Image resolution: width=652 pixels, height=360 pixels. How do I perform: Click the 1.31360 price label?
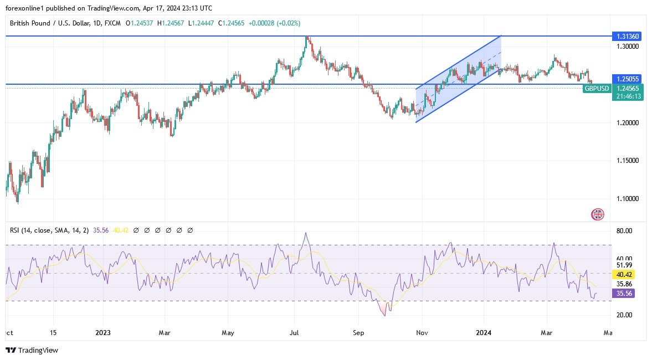pyautogui.click(x=628, y=37)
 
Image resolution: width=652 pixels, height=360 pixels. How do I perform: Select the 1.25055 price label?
pyautogui.click(x=628, y=79)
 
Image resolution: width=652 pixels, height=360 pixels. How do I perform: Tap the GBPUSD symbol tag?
pyautogui.click(x=596, y=89)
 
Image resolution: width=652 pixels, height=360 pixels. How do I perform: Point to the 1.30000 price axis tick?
pyautogui.click(x=627, y=47)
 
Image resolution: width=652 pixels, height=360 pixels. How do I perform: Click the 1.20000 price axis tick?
pyautogui.click(x=627, y=122)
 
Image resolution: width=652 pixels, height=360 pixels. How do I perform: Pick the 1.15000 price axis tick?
pyautogui.click(x=627, y=161)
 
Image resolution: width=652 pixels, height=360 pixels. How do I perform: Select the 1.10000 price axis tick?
pyautogui.click(x=627, y=198)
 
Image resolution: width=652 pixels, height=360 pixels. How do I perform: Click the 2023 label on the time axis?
pyautogui.click(x=103, y=333)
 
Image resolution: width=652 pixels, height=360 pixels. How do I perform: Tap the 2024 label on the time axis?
pyautogui.click(x=484, y=333)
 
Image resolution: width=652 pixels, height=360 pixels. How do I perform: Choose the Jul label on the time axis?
pyautogui.click(x=294, y=333)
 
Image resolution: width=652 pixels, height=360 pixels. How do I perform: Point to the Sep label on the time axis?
pyautogui.click(x=358, y=333)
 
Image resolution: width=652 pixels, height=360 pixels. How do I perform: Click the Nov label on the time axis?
pyautogui.click(x=422, y=333)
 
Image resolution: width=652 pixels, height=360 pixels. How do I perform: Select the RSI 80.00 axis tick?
pyautogui.click(x=624, y=230)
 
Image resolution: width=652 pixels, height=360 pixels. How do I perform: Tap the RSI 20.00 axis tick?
pyautogui.click(x=624, y=315)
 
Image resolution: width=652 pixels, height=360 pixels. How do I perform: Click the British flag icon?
pyautogui.click(x=598, y=214)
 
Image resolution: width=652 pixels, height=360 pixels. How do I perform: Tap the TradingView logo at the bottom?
pyautogui.click(x=32, y=350)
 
